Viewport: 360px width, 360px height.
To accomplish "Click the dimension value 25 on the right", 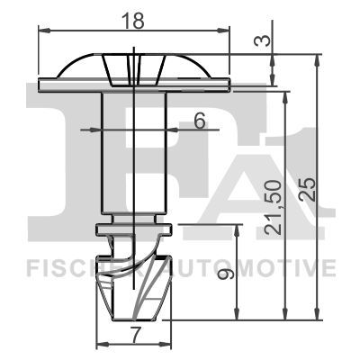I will tap(306, 189).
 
